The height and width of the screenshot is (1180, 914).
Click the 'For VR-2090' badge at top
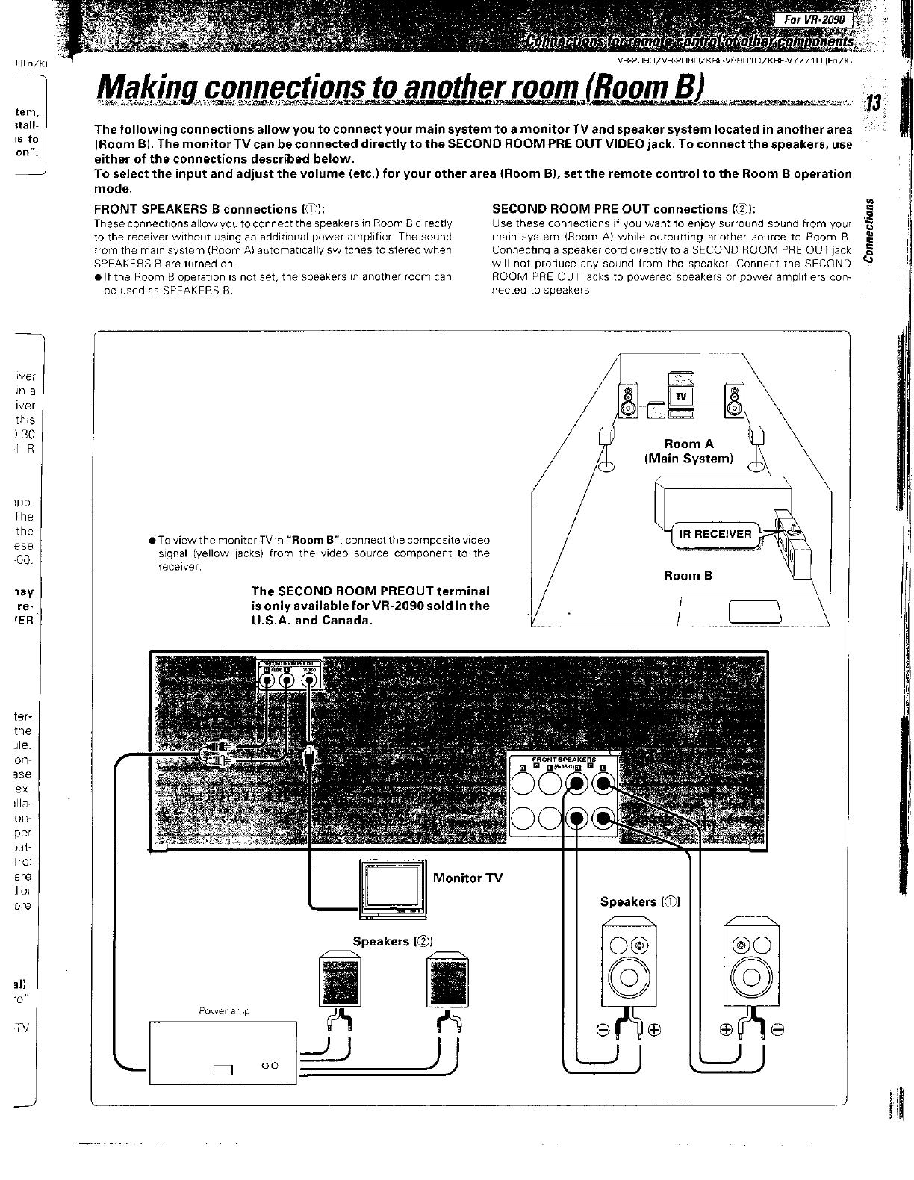pyautogui.click(x=819, y=20)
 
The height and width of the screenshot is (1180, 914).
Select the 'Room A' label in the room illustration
pyautogui.click(x=688, y=444)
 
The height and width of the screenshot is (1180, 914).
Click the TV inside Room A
pyautogui.click(x=681, y=395)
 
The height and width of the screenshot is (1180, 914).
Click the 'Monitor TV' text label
pyautogui.click(x=467, y=878)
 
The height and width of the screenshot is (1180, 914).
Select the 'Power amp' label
pyautogui.click(x=224, y=1011)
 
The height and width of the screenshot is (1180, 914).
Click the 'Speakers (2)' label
pyautogui.click(x=393, y=941)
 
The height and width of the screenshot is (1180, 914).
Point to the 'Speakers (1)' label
pyautogui.click(x=640, y=901)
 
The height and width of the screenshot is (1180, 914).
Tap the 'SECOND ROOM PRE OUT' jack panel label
pyautogui.click(x=290, y=663)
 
